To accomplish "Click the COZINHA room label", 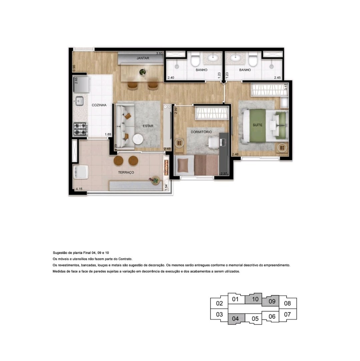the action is [99, 105].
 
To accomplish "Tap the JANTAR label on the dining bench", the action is [143, 58].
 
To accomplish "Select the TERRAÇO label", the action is [126, 172].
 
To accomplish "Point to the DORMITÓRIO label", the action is [201, 132].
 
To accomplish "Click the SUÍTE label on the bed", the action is [257, 125].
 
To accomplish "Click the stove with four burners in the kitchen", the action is [80, 129].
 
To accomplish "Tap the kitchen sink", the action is [79, 101].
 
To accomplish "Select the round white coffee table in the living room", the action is [138, 139].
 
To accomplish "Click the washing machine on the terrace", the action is [81, 172].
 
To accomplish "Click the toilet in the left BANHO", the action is [195, 59].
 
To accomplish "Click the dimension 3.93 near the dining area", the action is [159, 53].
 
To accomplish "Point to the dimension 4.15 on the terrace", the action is [79, 189].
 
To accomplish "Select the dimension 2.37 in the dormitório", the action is [224, 173].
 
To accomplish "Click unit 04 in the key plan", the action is [235, 319].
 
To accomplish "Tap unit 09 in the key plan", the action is [272, 301].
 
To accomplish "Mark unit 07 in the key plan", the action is [287, 314].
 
